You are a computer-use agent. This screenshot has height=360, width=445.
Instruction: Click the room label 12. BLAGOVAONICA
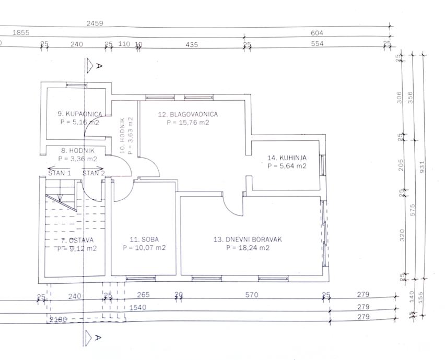coord(188,114)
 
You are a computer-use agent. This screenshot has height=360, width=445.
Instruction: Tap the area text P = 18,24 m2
coord(248,248)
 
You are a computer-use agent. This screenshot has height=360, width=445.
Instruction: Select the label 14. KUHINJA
coord(287,158)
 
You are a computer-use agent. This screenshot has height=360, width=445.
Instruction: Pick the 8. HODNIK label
coord(77,151)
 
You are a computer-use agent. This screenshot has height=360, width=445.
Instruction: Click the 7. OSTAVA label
coord(77,240)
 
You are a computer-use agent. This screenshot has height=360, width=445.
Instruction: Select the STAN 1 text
coord(60,173)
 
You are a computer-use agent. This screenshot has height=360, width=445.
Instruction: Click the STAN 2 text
coord(93,173)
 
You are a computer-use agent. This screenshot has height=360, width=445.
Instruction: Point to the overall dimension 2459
coord(95,23)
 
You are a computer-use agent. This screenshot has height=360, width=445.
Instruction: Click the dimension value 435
coord(192,44)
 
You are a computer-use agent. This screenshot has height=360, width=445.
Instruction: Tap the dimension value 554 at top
coord(317,44)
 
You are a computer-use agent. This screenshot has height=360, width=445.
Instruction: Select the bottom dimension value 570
coord(252,295)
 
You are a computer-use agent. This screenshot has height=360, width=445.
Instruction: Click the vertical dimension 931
coord(423,166)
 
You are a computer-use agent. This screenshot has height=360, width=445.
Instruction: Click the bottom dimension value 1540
coord(137,307)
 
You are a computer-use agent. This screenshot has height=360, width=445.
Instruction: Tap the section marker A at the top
coord(99,66)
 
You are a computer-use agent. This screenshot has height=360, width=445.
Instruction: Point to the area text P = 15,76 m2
coord(188,123)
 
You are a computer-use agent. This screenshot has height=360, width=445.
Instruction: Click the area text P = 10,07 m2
coord(144,248)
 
